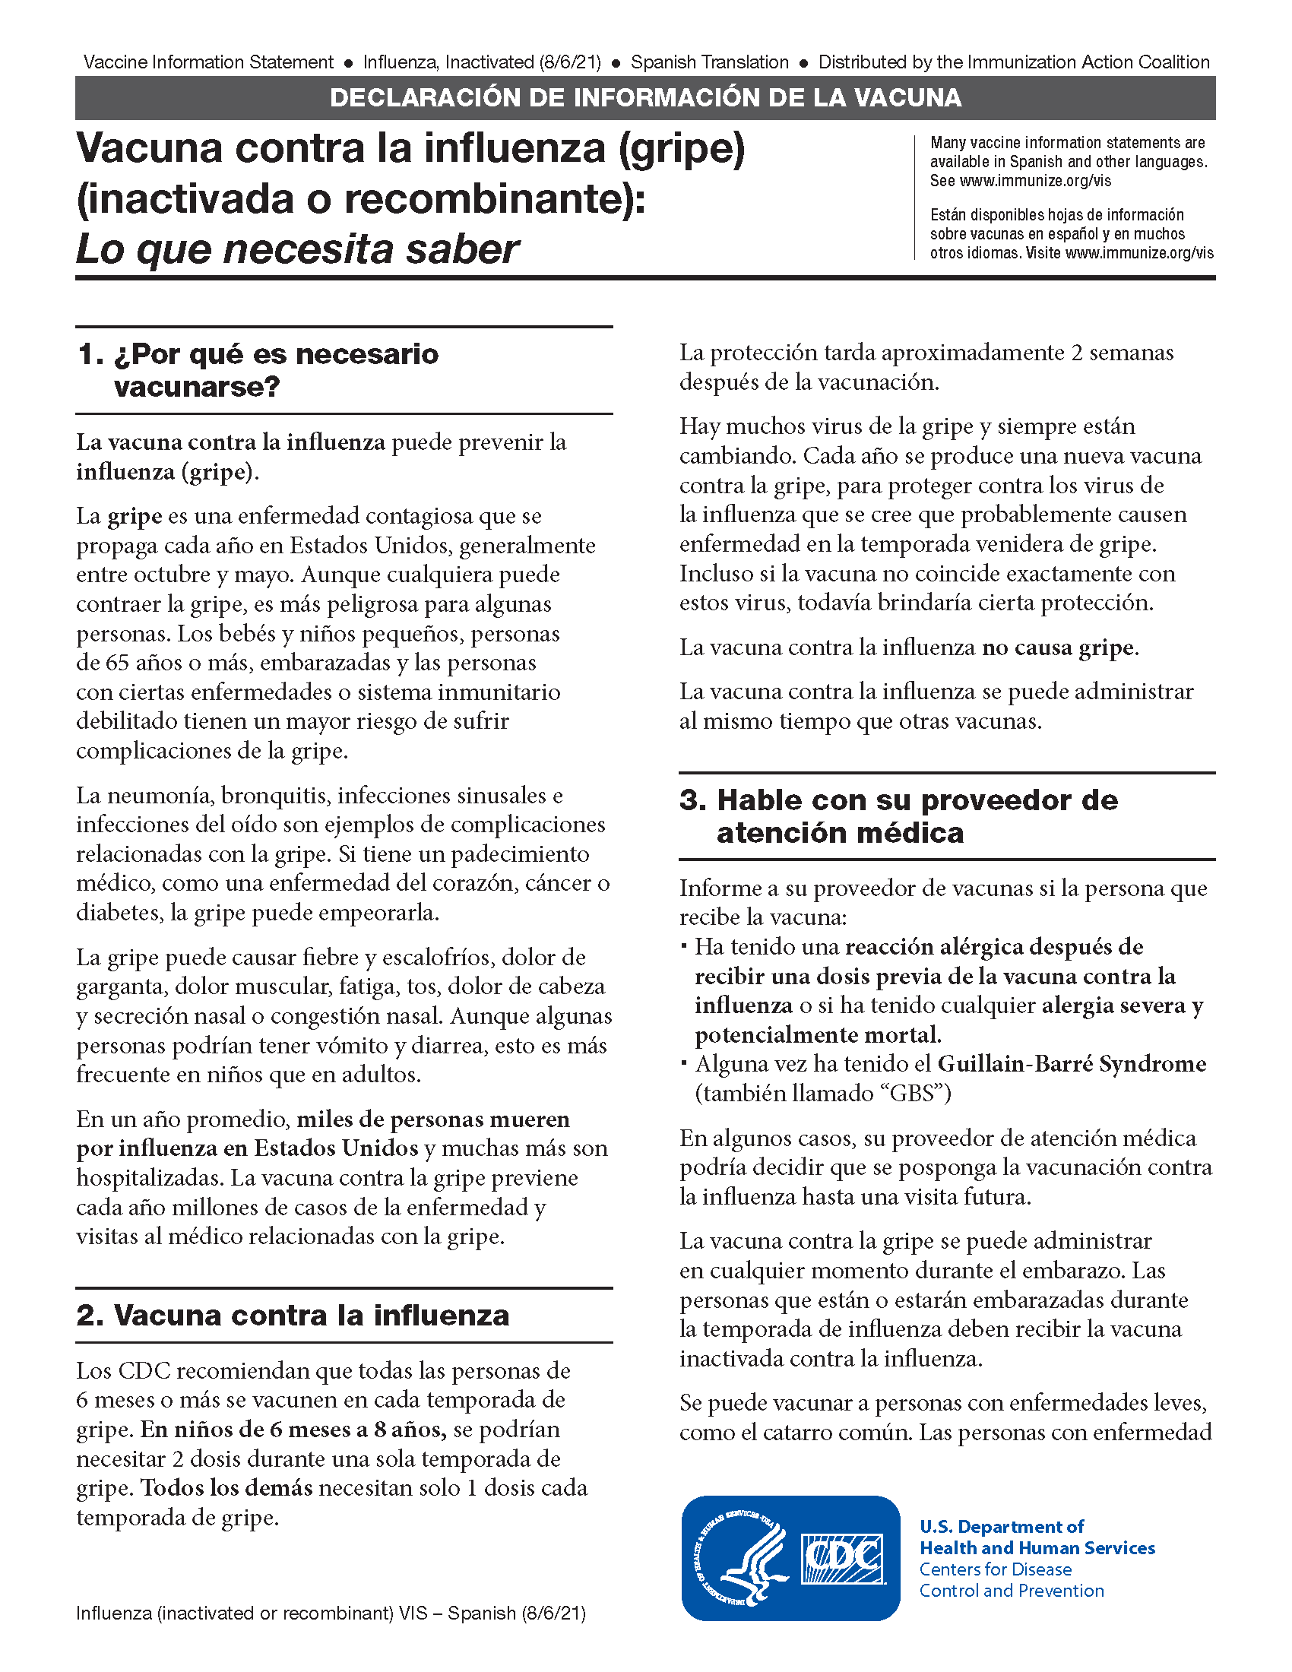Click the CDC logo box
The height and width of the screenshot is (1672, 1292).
[x=841, y=1559]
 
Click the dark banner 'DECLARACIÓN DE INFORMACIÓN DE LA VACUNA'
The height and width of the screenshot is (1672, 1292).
[x=645, y=98]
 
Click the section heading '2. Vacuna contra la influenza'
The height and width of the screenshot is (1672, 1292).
[x=293, y=1316]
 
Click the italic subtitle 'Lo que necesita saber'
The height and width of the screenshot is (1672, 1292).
[x=297, y=249]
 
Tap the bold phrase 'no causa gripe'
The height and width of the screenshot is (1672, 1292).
[x=1058, y=648]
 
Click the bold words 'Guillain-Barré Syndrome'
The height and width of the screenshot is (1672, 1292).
[x=1072, y=1064]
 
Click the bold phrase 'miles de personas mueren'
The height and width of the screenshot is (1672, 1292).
[x=433, y=1119]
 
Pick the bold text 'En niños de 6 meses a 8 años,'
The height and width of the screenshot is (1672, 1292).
[x=294, y=1430]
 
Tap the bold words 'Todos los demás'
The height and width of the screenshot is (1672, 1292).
[x=227, y=1487]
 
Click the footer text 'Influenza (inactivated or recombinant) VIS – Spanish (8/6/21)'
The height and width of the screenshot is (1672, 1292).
[x=331, y=1613]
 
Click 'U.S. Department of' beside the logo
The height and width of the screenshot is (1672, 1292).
[x=1001, y=1527]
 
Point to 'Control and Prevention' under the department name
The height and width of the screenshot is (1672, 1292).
[x=1011, y=1591]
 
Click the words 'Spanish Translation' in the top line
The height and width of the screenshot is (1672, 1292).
[x=710, y=62]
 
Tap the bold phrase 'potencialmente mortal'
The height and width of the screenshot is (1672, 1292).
[x=816, y=1035]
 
